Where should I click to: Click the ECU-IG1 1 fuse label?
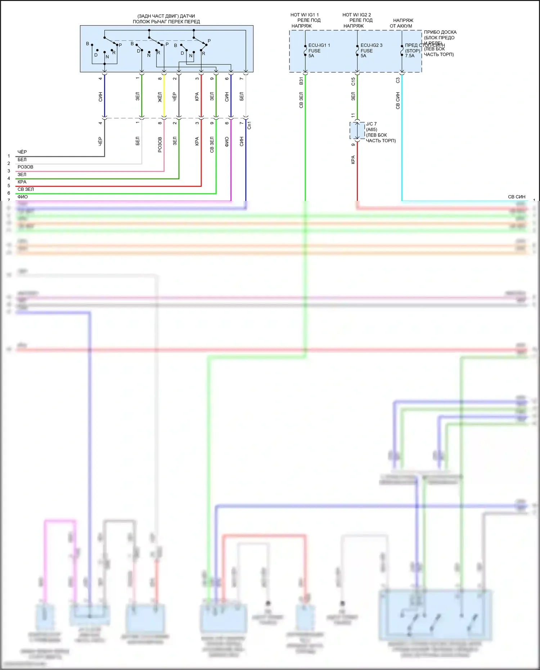319,45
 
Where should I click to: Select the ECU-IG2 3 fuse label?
371,45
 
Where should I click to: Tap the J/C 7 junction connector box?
357,131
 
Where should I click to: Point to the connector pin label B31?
301,81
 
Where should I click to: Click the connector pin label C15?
353,81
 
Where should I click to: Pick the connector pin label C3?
398,80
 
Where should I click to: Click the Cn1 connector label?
249,125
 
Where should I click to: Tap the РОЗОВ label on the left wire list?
25,167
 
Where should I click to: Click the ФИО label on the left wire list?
22,197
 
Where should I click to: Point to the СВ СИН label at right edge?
516,197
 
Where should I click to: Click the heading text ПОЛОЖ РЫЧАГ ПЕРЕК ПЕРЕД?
166,22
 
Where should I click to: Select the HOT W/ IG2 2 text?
356,15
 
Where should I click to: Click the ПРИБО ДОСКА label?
440,32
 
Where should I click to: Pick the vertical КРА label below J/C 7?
353,160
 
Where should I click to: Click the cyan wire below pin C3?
402,144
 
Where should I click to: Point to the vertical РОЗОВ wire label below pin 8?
160,144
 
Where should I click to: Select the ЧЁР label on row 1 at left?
22,152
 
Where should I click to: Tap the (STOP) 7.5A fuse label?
412,53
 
